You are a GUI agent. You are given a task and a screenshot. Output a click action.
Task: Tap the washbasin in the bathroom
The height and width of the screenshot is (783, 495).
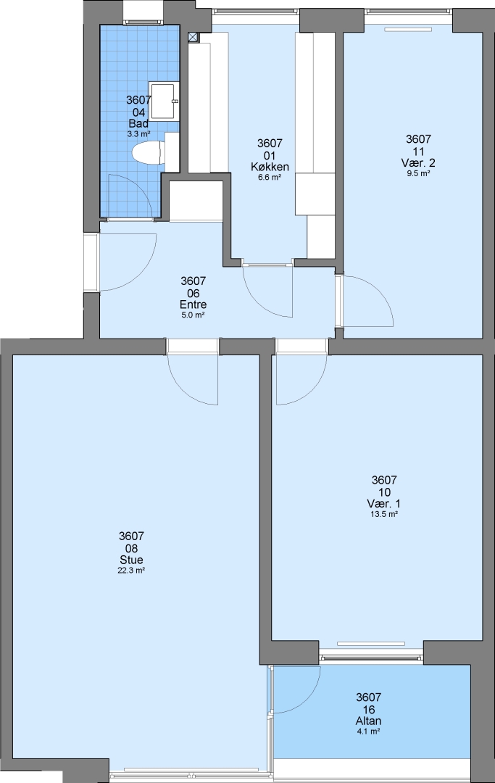pyautogui.click(x=165, y=101)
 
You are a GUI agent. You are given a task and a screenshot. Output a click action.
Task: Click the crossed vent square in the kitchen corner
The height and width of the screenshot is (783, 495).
pyautogui.click(x=193, y=36)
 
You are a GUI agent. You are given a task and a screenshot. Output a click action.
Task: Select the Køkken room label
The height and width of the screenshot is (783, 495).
pyautogui.click(x=270, y=167)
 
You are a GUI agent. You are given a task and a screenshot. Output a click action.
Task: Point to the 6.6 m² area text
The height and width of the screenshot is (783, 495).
pyautogui.click(x=270, y=177)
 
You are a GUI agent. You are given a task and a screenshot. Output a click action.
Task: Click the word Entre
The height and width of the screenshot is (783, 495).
pyautogui.click(x=193, y=304)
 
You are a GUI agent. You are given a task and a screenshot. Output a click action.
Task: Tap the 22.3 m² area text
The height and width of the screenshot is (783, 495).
pyautogui.click(x=131, y=570)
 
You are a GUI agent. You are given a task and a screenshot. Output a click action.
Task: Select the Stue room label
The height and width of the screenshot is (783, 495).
pyautogui.click(x=131, y=560)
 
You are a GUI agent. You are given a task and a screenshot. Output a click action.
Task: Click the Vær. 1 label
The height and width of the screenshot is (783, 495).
pyautogui.click(x=383, y=504)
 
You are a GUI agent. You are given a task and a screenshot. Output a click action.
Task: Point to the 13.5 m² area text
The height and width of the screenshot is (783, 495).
pyautogui.click(x=384, y=514)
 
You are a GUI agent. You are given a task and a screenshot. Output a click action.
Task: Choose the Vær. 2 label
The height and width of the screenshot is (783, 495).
pyautogui.click(x=418, y=163)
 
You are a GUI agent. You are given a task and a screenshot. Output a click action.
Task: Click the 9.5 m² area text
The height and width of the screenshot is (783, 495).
pyautogui.click(x=418, y=173)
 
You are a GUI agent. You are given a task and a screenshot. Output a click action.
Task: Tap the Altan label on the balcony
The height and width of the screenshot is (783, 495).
pyautogui.click(x=369, y=721)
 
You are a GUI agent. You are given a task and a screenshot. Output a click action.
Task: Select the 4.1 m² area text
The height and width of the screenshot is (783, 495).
pyautogui.click(x=369, y=731)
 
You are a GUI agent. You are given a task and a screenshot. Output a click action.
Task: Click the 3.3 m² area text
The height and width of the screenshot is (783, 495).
pyautogui.click(x=138, y=134)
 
